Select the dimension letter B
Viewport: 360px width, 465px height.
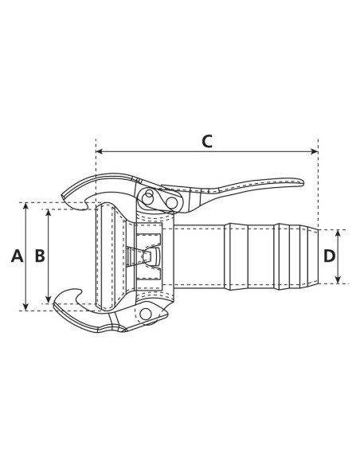(x=38, y=256)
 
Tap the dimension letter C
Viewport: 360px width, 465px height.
(x=206, y=142)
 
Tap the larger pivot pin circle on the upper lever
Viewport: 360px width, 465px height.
(x=170, y=203)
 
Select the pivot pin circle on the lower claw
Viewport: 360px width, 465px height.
(x=146, y=316)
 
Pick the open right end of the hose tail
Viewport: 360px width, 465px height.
(x=316, y=256)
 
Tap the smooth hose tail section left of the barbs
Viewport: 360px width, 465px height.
(x=199, y=256)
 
